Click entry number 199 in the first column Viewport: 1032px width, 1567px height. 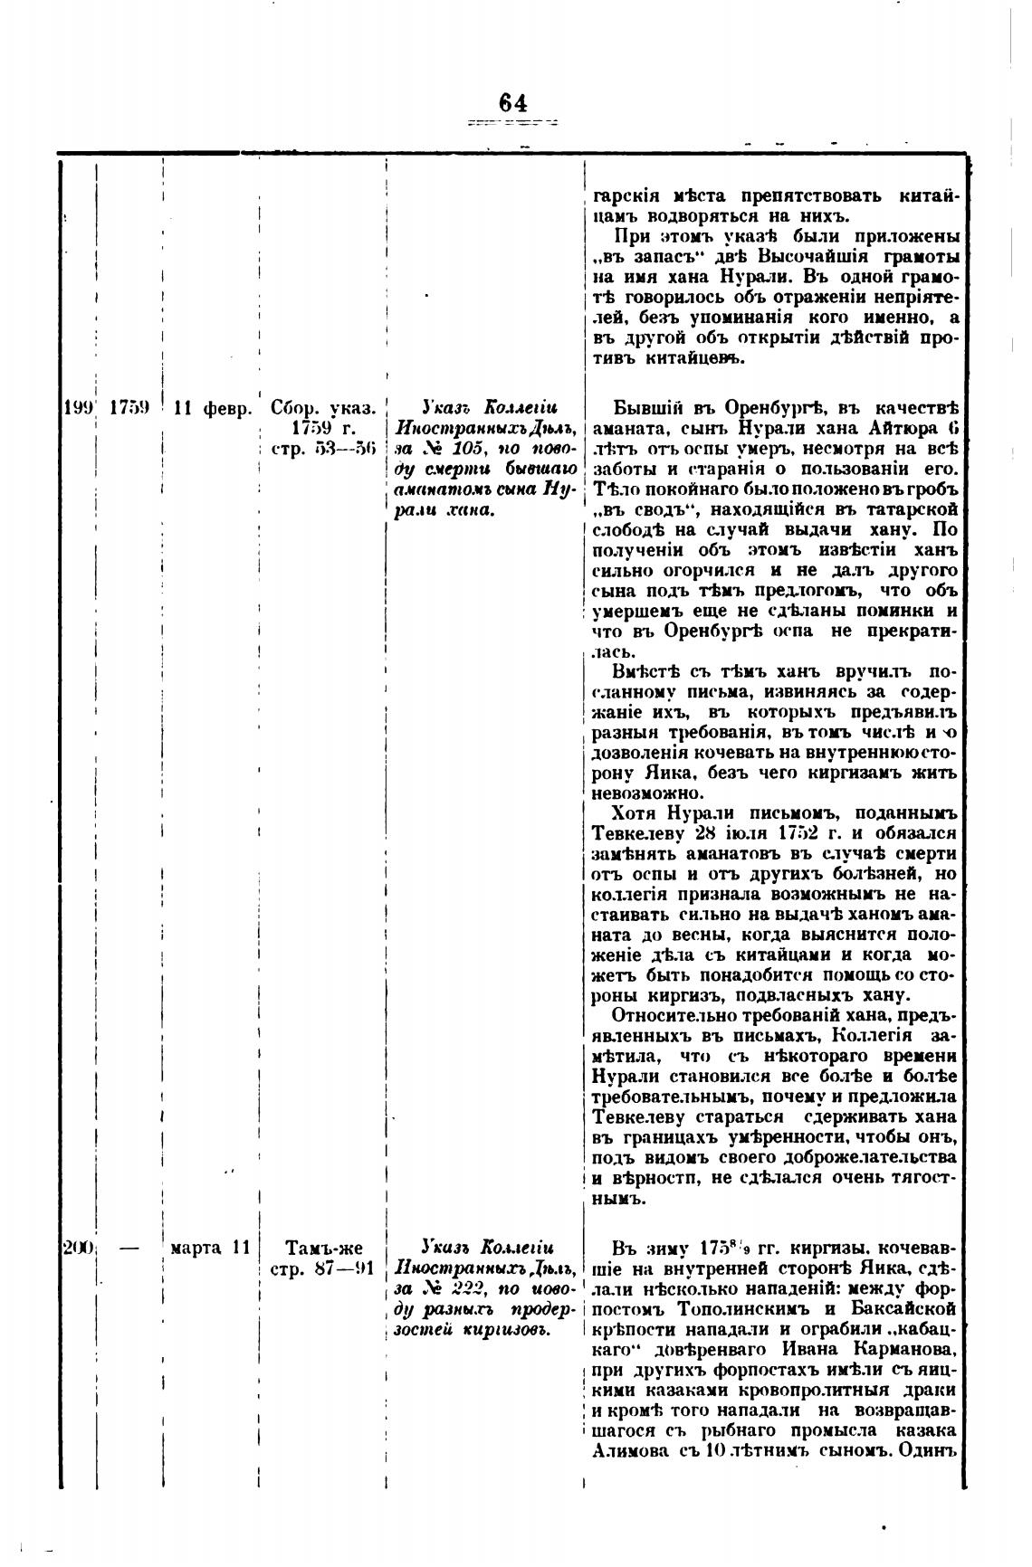(x=79, y=407)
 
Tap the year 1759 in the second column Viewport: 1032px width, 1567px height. (x=129, y=407)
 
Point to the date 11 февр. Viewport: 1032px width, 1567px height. (x=213, y=408)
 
